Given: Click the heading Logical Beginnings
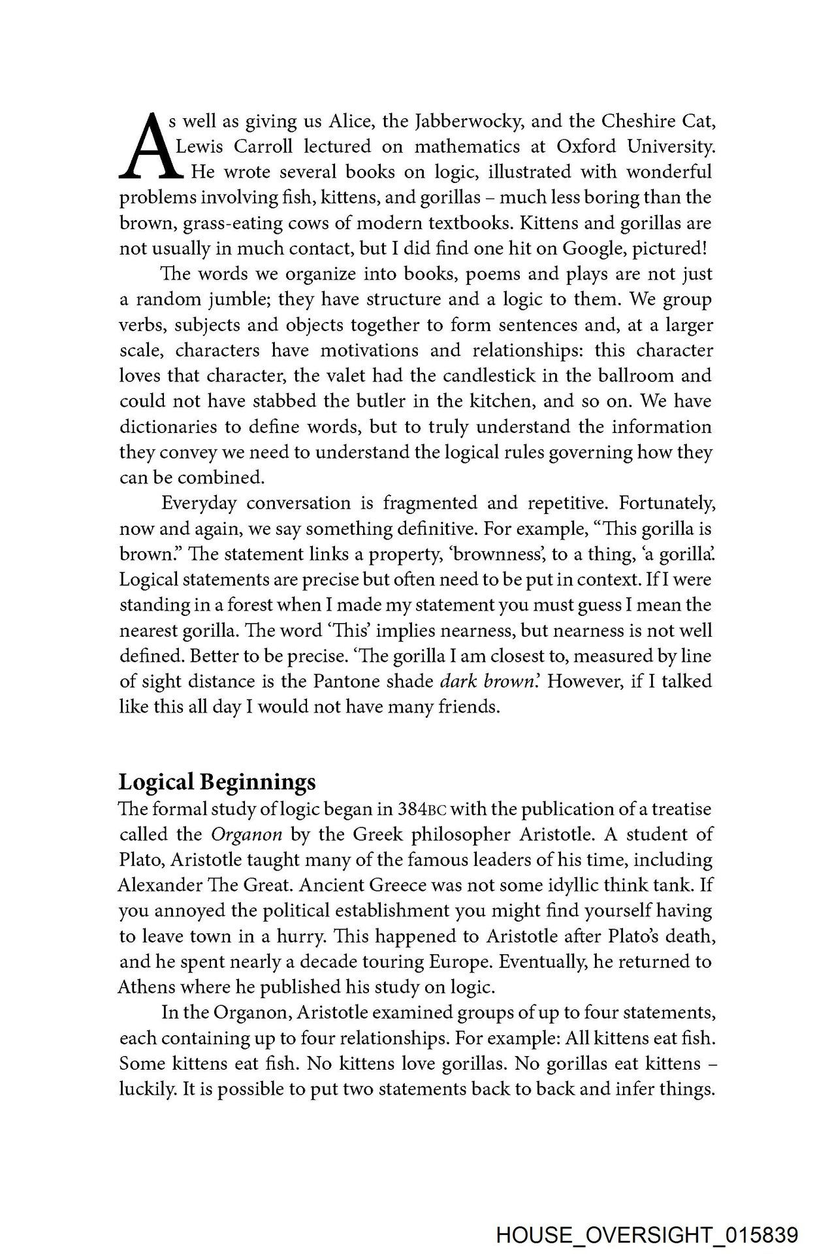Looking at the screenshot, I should [x=217, y=782].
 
